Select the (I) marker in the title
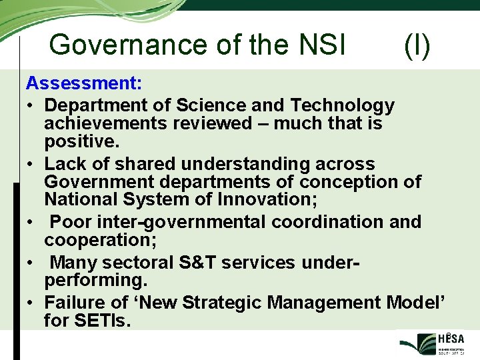[417, 45]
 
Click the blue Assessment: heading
[84, 84]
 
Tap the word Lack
[65, 164]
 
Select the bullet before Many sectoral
[31, 263]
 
